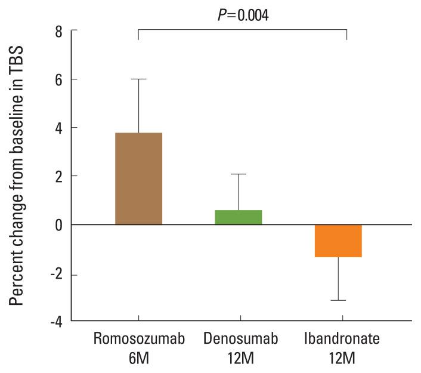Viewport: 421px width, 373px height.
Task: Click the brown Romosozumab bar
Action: pos(138,178)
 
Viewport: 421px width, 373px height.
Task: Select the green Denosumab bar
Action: pos(238,217)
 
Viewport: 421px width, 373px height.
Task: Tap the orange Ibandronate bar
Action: pos(338,241)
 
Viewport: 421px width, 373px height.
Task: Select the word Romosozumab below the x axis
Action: pos(139,339)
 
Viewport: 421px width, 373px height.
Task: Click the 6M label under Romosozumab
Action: pos(139,359)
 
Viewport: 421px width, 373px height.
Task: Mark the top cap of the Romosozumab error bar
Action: pos(138,79)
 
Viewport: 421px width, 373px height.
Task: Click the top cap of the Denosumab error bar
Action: pos(238,174)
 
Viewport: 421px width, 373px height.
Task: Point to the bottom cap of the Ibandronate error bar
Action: pos(338,300)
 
